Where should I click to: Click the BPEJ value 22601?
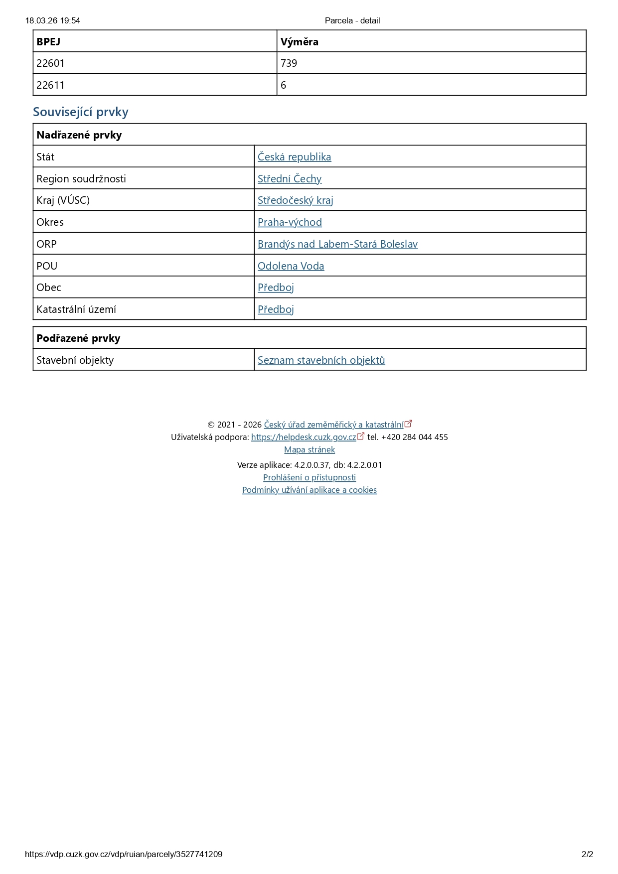(50, 63)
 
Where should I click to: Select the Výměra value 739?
(289, 63)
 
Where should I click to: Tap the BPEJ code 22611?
(50, 85)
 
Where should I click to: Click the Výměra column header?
(299, 42)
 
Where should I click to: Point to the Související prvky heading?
(81, 112)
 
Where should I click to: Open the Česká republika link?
(294, 157)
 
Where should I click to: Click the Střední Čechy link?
(290, 179)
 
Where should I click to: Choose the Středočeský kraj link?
(295, 200)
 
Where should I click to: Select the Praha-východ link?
(290, 222)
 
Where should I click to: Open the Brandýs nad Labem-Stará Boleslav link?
(337, 244)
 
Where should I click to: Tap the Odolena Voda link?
(291, 266)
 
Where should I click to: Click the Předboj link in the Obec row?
(276, 288)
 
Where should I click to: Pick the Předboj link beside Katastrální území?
(276, 309)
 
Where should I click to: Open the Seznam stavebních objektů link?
(321, 360)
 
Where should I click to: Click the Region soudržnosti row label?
(81, 179)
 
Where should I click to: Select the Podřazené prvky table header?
(78, 338)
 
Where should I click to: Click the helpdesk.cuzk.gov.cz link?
(304, 437)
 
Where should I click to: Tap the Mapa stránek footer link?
(309, 450)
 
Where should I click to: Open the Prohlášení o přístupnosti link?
(309, 478)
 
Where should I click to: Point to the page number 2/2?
(587, 854)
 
